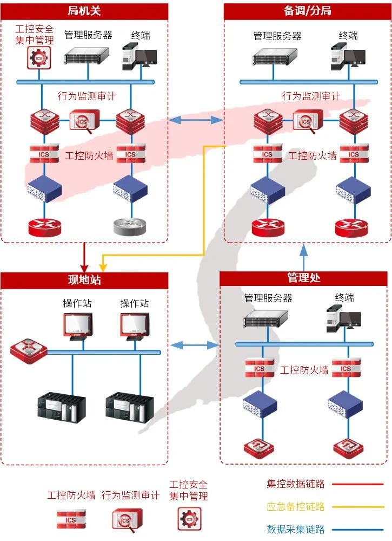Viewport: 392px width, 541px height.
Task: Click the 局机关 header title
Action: click(84, 11)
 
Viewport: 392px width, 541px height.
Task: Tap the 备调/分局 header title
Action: click(307, 11)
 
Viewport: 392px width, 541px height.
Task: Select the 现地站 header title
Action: click(84, 280)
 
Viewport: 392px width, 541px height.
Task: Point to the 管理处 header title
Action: click(304, 278)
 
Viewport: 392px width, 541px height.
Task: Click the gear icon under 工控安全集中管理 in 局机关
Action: click(38, 57)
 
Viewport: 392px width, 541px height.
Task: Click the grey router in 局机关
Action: click(130, 226)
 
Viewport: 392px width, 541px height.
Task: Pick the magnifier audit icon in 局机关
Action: click(84, 121)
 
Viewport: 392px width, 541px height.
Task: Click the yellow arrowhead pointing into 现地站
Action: click(103, 267)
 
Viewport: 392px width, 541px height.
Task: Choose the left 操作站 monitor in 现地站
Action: click(76, 325)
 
